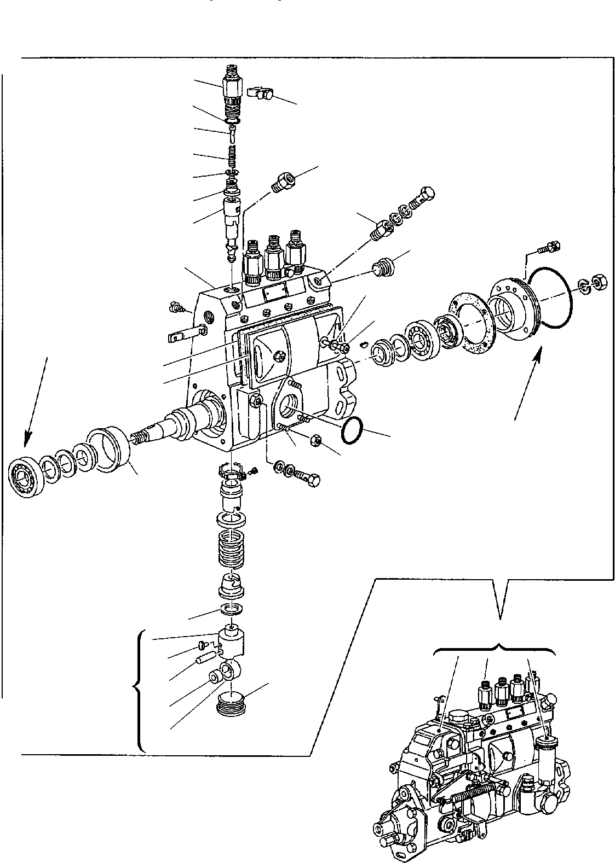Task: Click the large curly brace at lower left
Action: [140, 689]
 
